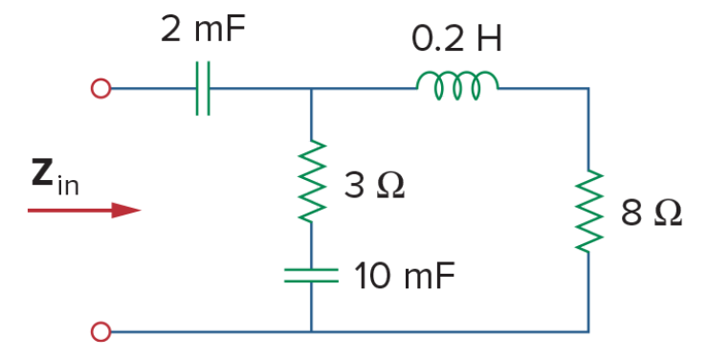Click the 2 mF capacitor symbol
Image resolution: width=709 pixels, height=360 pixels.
tap(203, 89)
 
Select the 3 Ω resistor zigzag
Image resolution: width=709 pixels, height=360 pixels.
tap(312, 181)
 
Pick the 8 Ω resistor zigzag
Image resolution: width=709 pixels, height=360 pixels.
tap(588, 211)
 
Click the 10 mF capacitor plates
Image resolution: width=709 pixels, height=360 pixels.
tap(311, 276)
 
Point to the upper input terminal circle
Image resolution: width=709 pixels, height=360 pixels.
tap(100, 89)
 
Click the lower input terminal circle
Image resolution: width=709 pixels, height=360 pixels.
tap(100, 332)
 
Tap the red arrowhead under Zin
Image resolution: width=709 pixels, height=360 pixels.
tap(126, 211)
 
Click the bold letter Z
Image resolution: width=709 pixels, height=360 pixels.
tap(42, 172)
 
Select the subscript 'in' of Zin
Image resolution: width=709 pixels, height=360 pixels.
tap(68, 184)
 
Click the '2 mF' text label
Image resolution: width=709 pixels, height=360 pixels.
tap(203, 29)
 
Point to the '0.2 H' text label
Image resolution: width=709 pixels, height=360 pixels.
tap(456, 39)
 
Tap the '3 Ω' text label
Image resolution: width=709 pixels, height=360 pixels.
tap(374, 186)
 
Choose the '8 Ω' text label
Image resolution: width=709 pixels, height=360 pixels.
tap(652, 213)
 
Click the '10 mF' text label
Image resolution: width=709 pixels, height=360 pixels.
tap(405, 276)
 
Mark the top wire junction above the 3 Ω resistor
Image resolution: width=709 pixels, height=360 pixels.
tap(311, 89)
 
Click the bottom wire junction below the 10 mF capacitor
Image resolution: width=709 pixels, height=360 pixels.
tap(311, 332)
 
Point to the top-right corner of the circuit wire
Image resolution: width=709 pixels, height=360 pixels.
tap(588, 89)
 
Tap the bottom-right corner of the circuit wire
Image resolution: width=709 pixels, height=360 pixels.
tap(588, 332)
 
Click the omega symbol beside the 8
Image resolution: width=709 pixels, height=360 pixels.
tap(668, 214)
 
